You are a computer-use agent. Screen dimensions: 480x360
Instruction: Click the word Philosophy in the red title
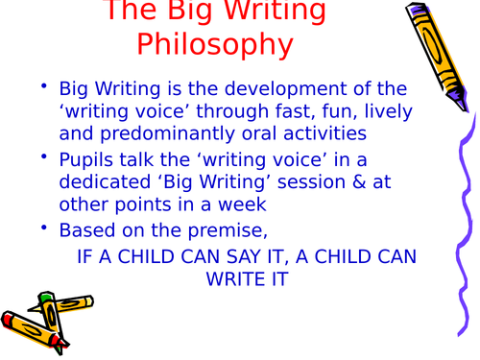coord(215,45)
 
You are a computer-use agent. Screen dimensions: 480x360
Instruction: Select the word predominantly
coord(168,133)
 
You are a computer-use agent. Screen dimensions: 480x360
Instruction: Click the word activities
coord(324,133)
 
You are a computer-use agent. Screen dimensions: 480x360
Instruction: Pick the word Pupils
coord(86,160)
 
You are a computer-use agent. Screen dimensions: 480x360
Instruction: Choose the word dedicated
coord(105,181)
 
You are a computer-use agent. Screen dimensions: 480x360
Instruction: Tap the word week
coord(242,204)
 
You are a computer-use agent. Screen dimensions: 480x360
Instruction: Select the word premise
coord(228,230)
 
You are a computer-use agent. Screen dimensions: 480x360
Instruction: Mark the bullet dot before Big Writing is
coord(44,85)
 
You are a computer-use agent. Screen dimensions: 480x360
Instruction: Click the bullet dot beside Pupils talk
coord(44,156)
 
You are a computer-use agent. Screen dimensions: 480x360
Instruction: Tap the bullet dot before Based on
coord(44,228)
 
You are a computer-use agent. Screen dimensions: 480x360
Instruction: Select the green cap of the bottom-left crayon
coord(45,297)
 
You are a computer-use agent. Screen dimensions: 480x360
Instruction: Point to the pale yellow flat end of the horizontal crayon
coord(90,301)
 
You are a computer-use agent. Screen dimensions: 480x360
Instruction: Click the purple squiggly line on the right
coord(466,224)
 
